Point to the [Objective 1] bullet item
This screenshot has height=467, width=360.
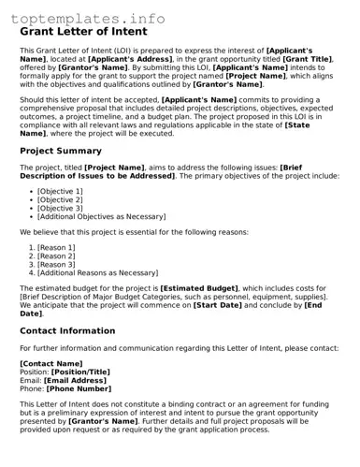(60, 191)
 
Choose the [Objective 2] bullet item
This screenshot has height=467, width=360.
(60, 199)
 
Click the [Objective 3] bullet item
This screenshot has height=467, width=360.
(60, 208)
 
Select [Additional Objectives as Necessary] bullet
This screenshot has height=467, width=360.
(101, 216)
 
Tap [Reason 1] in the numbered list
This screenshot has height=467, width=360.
(56, 247)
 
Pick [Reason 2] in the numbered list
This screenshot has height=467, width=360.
(56, 255)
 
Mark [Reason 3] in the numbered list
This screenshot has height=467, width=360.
(56, 265)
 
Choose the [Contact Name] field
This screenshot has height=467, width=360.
(51, 362)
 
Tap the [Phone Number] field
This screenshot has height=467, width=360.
(85, 388)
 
